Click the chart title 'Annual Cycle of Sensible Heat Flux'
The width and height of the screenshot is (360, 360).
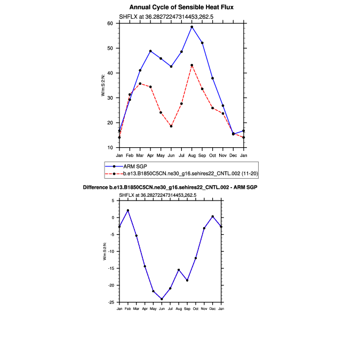[181, 7]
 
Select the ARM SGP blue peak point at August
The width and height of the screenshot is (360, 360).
[192, 27]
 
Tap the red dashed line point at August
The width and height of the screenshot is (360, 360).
[192, 65]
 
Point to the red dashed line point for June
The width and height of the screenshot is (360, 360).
[171, 126]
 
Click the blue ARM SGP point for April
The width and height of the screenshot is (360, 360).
[150, 51]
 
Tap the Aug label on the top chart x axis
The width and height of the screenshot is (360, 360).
[192, 155]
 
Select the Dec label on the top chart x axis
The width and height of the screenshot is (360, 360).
[234, 155]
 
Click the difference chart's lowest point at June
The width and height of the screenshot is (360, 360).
[162, 299]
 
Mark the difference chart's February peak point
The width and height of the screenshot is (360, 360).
[128, 210]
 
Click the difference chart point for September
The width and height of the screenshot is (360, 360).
[187, 280]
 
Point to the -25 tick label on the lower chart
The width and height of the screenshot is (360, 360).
[112, 302]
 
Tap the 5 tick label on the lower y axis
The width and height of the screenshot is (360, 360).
[114, 201]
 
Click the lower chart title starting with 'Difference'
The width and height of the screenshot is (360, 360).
[171, 188]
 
